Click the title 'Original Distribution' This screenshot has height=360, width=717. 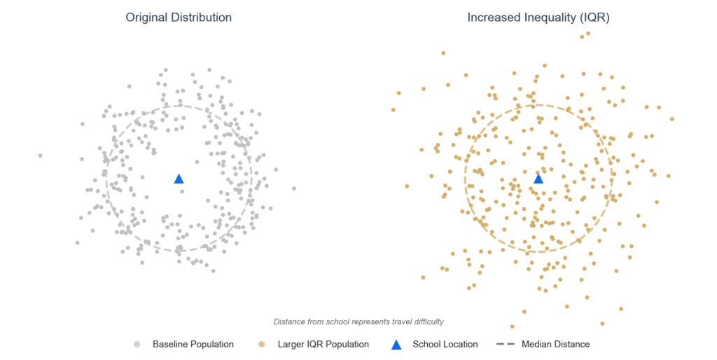pos(179,18)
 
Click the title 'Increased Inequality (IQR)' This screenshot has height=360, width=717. pos(538,18)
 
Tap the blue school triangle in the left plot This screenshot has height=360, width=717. pos(179,179)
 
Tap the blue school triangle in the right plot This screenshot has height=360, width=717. pos(538,179)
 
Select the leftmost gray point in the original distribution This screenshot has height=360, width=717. pos(40,155)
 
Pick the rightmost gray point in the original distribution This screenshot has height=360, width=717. pos(294,188)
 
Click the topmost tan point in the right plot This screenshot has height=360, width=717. pos(588,33)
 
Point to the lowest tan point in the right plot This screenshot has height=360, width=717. pos(513,326)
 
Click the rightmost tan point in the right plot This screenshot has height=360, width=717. pos(672,119)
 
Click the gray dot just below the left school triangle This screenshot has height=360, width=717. pos(183,191)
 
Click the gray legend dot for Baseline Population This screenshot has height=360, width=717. pos(137,345)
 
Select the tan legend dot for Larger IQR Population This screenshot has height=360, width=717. pos(262,345)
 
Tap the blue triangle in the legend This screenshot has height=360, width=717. pos(396,345)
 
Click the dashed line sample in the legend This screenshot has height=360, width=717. pos(506,345)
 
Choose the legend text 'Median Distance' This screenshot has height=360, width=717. pos(555,345)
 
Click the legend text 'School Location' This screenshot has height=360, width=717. pos(445,345)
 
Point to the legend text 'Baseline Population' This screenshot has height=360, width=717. pos(193,345)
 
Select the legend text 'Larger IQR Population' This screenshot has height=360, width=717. pos(323,345)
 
